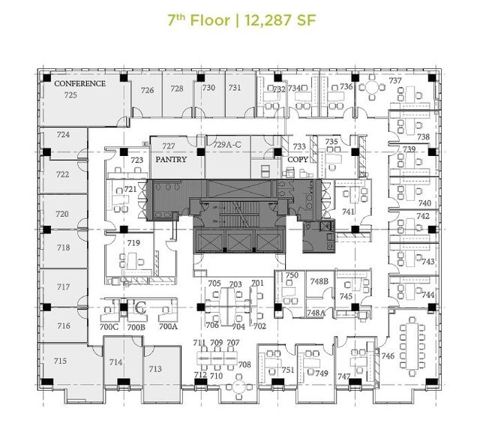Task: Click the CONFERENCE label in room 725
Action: click(x=79, y=84)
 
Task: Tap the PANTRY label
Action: click(x=169, y=160)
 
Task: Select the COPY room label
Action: click(x=297, y=160)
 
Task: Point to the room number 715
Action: click(x=61, y=361)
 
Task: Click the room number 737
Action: click(x=395, y=81)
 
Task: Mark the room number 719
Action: click(x=133, y=242)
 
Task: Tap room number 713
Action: click(x=154, y=368)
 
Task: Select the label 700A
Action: click(x=168, y=327)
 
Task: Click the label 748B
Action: click(x=319, y=281)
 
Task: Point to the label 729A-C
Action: click(x=227, y=144)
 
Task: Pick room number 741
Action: click(x=348, y=212)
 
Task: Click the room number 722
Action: click(x=62, y=174)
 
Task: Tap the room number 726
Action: click(x=148, y=90)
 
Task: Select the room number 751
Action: click(x=288, y=370)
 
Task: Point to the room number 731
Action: click(x=235, y=88)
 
